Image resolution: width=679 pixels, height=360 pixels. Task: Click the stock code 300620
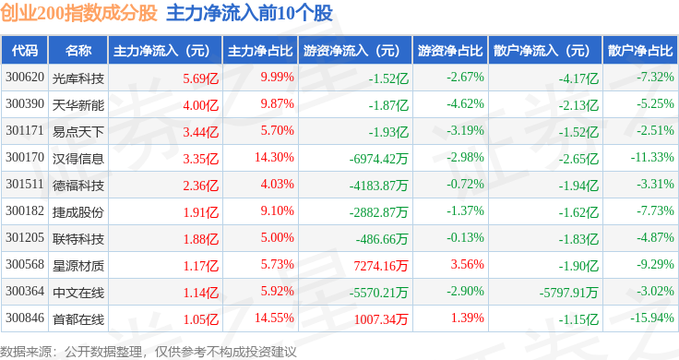[25, 78]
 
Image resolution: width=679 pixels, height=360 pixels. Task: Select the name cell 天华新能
[78, 105]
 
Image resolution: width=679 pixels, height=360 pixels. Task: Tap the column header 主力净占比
[260, 51]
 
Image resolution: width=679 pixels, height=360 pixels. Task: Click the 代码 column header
[25, 51]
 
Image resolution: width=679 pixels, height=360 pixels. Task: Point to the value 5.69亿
[201, 78]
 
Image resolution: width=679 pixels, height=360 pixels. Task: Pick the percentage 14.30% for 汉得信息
[274, 157]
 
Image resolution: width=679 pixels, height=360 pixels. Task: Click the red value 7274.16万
[381, 266]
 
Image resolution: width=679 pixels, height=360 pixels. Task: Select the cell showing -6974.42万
[379, 159]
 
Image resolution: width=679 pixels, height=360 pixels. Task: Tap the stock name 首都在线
[78, 319]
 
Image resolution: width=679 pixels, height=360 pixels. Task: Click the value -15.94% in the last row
[652, 318]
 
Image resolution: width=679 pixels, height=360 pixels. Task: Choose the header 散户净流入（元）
[542, 51]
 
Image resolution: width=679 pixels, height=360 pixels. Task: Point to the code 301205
[25, 238]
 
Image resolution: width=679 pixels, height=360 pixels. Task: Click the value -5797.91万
[568, 293]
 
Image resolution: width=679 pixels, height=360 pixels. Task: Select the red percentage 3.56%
[467, 264]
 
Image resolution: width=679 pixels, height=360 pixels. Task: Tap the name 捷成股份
[78, 212]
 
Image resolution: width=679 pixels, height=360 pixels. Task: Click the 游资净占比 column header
[450, 51]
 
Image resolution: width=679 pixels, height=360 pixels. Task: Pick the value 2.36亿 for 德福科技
[201, 186]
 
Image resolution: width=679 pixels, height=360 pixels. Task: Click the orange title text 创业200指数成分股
[78, 13]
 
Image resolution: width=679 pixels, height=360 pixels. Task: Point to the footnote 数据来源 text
[26, 352]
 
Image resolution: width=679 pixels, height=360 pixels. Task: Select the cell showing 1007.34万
[381, 319]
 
